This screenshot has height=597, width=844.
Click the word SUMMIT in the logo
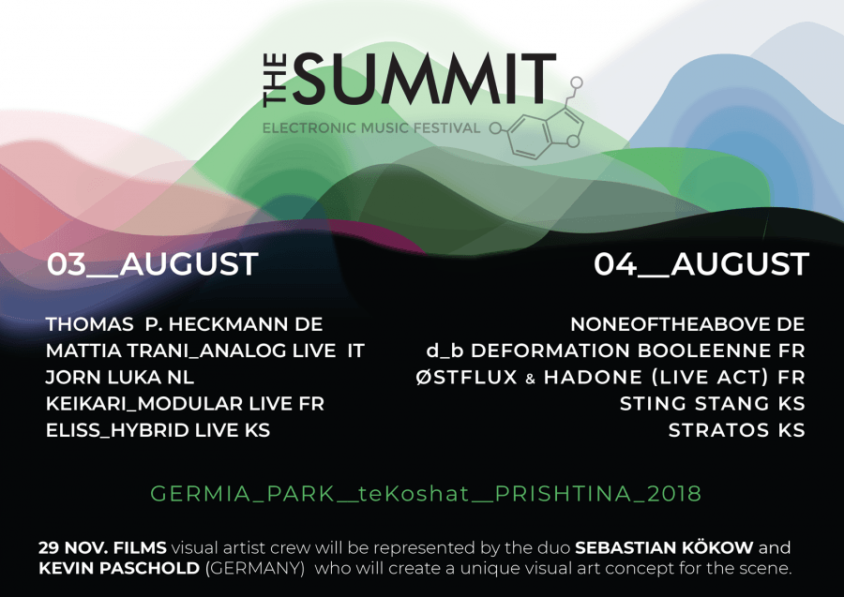(424, 79)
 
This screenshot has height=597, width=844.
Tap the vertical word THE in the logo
(275, 80)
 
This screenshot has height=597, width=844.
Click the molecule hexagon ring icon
(531, 137)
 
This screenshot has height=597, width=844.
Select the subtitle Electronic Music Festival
(371, 128)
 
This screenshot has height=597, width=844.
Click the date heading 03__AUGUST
(152, 264)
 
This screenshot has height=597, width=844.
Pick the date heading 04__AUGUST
(701, 264)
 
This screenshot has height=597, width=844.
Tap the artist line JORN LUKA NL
(119, 377)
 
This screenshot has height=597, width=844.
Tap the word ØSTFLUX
(467, 377)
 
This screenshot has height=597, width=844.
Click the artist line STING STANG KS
(712, 403)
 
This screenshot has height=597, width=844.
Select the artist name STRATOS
(718, 430)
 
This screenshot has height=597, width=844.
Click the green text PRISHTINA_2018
(597, 494)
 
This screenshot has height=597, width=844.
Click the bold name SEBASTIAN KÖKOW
(664, 547)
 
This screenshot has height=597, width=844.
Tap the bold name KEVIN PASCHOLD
(119, 568)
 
